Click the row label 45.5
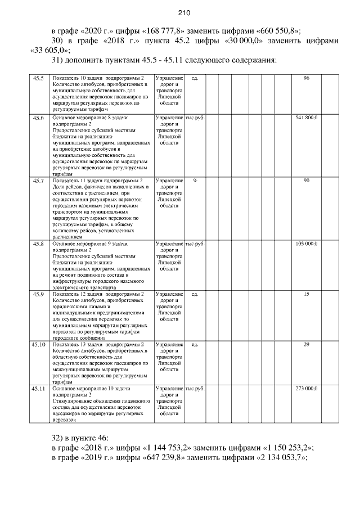point(38,78)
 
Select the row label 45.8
point(38,244)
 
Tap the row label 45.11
point(38,389)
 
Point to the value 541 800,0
point(307,118)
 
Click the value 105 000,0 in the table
point(307,244)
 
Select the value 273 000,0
point(307,389)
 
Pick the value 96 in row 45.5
point(307,78)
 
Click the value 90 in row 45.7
point(307,181)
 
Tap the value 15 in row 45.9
point(307,294)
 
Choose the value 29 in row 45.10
point(307,344)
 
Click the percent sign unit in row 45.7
point(195,181)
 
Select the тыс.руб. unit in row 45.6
point(195,118)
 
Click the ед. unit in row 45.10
point(195,344)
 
